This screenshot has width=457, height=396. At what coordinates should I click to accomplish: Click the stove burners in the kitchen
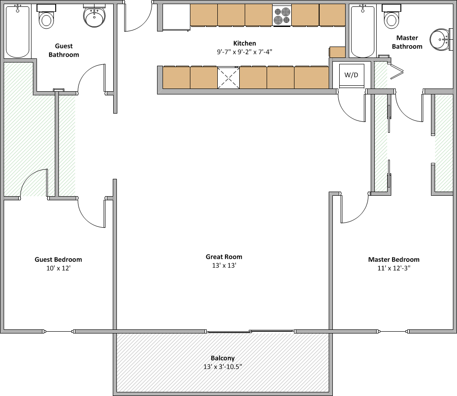[282, 16]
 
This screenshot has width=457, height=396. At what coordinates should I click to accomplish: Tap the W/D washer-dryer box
[352, 75]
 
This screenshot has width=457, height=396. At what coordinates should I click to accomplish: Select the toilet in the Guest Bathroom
[47, 16]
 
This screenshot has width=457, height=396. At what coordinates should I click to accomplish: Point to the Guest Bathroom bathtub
[17, 31]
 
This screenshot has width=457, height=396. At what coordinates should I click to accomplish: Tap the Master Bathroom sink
[441, 40]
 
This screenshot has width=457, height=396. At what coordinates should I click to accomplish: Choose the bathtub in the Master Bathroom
[362, 31]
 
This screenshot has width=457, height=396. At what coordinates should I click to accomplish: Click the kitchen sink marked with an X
[228, 78]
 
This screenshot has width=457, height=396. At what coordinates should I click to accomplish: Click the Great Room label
[224, 257]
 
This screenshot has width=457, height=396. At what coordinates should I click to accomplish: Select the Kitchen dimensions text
[245, 52]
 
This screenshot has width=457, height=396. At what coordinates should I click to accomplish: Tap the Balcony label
[223, 358]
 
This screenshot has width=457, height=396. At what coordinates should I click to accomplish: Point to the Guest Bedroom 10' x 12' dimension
[58, 268]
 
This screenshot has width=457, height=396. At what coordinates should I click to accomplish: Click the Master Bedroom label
[394, 260]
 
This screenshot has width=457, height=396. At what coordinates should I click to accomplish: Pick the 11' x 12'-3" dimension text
[394, 268]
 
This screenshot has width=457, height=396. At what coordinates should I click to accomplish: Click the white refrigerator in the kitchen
[176, 17]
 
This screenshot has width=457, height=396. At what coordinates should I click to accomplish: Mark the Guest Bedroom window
[58, 331]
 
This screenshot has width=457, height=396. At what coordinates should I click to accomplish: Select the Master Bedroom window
[394, 331]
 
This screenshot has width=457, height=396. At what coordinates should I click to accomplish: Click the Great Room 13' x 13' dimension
[224, 265]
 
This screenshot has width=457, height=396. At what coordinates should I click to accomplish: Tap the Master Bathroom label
[407, 42]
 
